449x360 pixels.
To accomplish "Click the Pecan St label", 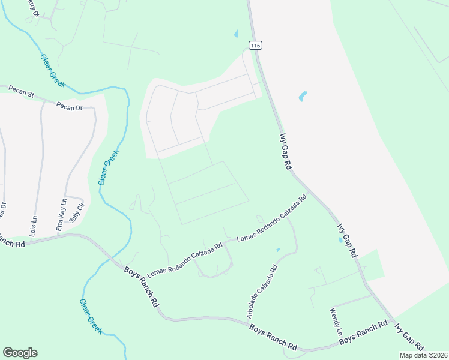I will click(22, 91).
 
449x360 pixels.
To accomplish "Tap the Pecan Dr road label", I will click(69, 107).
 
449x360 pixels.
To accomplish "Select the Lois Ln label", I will click(34, 221).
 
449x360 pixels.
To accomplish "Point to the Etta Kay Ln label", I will click(60, 215).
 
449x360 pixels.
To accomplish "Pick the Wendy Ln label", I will click(336, 322).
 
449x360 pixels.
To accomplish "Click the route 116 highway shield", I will click(255, 46).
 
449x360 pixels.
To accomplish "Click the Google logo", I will click(20, 353).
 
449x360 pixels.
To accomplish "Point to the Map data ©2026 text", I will click(423, 355).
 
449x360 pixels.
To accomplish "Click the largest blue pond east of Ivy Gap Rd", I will click(303, 96).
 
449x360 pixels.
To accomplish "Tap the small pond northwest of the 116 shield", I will click(236, 34).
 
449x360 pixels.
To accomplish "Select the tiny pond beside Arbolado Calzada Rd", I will click(277, 250).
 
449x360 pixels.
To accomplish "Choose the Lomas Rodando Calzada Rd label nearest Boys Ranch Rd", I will click(185, 259).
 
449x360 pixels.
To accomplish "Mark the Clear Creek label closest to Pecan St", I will click(52, 70).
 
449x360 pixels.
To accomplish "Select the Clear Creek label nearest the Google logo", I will click(91, 316).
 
